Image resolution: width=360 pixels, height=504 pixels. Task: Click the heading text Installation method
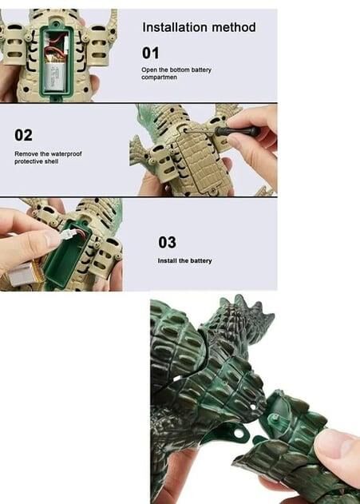[199, 27]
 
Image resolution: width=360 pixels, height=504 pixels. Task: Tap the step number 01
[150, 53]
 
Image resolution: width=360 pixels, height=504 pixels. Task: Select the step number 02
[23, 135]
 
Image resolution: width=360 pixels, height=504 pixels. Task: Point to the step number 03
[167, 242]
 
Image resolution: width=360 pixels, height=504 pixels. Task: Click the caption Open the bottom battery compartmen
[176, 73]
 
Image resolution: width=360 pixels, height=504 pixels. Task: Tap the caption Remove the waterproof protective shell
[48, 157]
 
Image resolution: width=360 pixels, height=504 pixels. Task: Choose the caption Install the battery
[184, 260]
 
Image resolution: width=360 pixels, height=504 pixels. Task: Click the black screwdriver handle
[238, 131]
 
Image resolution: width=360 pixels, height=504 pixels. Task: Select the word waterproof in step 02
[66, 154]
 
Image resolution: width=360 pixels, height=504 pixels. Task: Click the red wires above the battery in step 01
[55, 48]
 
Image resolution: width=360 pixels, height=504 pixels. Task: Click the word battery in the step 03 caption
[201, 260]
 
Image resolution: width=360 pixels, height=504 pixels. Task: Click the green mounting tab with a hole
[236, 433]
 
